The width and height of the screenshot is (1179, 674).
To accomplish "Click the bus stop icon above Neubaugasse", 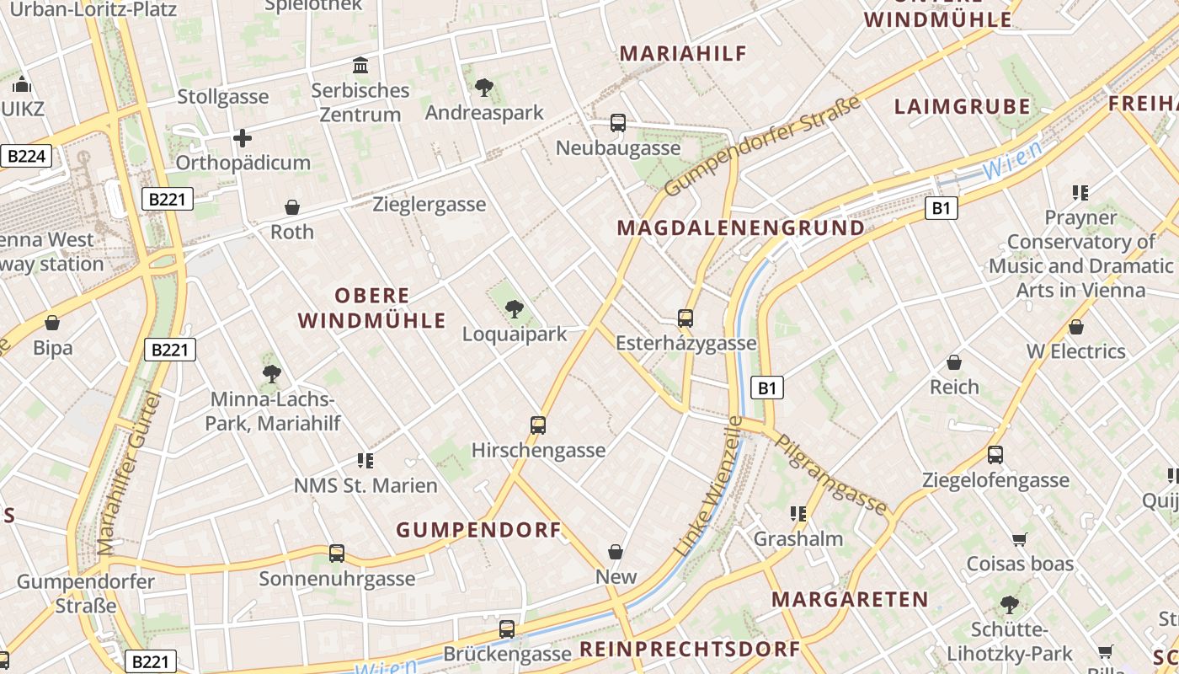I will (618, 123).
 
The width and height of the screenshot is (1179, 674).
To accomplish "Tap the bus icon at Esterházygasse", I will (686, 318).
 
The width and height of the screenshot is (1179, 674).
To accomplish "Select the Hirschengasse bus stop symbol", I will (538, 425).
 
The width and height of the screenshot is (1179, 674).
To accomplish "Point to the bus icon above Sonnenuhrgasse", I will (337, 554).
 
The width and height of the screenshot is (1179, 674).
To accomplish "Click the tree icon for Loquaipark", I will (515, 309).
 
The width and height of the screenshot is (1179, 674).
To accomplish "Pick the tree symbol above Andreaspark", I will (483, 87).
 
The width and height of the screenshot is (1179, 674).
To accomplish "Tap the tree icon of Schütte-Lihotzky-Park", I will (1009, 605).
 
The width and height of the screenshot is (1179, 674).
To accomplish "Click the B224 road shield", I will (26, 156).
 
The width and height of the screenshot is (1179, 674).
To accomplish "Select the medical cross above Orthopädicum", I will (243, 137).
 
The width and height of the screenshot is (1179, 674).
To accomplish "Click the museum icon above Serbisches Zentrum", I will (360, 66).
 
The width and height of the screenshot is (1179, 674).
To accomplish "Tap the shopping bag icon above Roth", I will (292, 207).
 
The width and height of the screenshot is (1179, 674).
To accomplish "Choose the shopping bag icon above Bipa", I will (52, 323).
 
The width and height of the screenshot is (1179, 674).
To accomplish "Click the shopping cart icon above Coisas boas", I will (1020, 539).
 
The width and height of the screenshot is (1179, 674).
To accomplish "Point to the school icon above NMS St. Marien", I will (365, 461).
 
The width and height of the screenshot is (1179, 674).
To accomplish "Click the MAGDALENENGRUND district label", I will (740, 227).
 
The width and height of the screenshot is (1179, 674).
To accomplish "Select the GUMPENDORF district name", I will (478, 530).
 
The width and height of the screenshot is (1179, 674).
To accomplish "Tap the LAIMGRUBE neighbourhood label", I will (962, 106).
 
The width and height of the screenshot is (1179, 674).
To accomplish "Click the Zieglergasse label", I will (429, 204).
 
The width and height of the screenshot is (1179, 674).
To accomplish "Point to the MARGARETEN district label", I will (850, 599).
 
